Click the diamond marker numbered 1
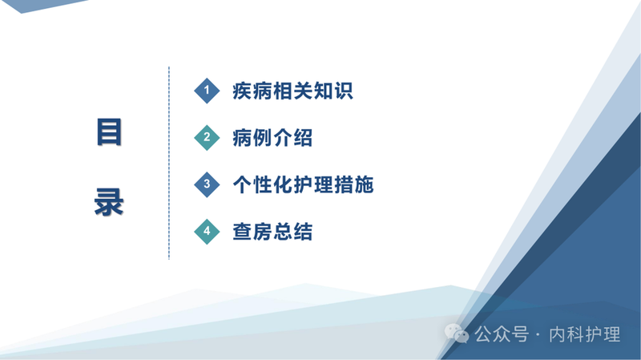point(207,91)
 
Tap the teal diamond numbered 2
point(207,138)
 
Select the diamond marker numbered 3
point(207,185)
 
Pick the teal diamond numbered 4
point(207,233)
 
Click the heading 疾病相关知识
point(292,91)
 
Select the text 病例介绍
point(272,138)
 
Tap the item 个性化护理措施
point(302,185)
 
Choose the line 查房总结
point(272,233)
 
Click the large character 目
point(109,132)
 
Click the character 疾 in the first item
point(242,91)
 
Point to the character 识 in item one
point(342,91)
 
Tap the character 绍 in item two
point(302,138)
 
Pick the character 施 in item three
point(363,185)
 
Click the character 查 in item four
point(242,233)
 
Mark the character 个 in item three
point(242,185)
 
